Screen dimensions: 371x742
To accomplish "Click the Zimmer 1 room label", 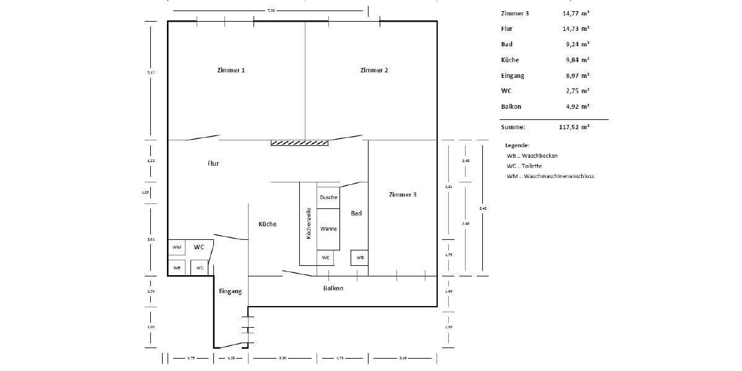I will [231, 70].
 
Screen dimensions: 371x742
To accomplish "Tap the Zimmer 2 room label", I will [374, 70].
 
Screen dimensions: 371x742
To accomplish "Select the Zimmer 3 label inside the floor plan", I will [403, 194].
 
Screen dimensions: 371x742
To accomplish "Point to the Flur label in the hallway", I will [213, 164].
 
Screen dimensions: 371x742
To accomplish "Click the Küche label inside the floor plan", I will [267, 224].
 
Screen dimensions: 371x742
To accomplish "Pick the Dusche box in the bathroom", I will [328, 197].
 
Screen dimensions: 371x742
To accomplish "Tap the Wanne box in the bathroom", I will [328, 229].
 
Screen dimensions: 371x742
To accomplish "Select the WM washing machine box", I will [177, 247].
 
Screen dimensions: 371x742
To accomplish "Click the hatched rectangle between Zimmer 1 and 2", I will [300, 143].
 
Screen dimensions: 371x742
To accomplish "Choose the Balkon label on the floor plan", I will [333, 288].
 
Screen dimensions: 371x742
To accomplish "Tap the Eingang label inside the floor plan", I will [230, 291].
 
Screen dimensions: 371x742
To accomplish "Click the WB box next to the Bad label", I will [360, 257].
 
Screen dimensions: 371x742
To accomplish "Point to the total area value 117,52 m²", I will [574, 127].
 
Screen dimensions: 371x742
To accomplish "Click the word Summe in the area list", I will [513, 127].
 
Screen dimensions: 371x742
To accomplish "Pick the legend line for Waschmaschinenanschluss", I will [550, 176].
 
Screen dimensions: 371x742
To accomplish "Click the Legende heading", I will [518, 145].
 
